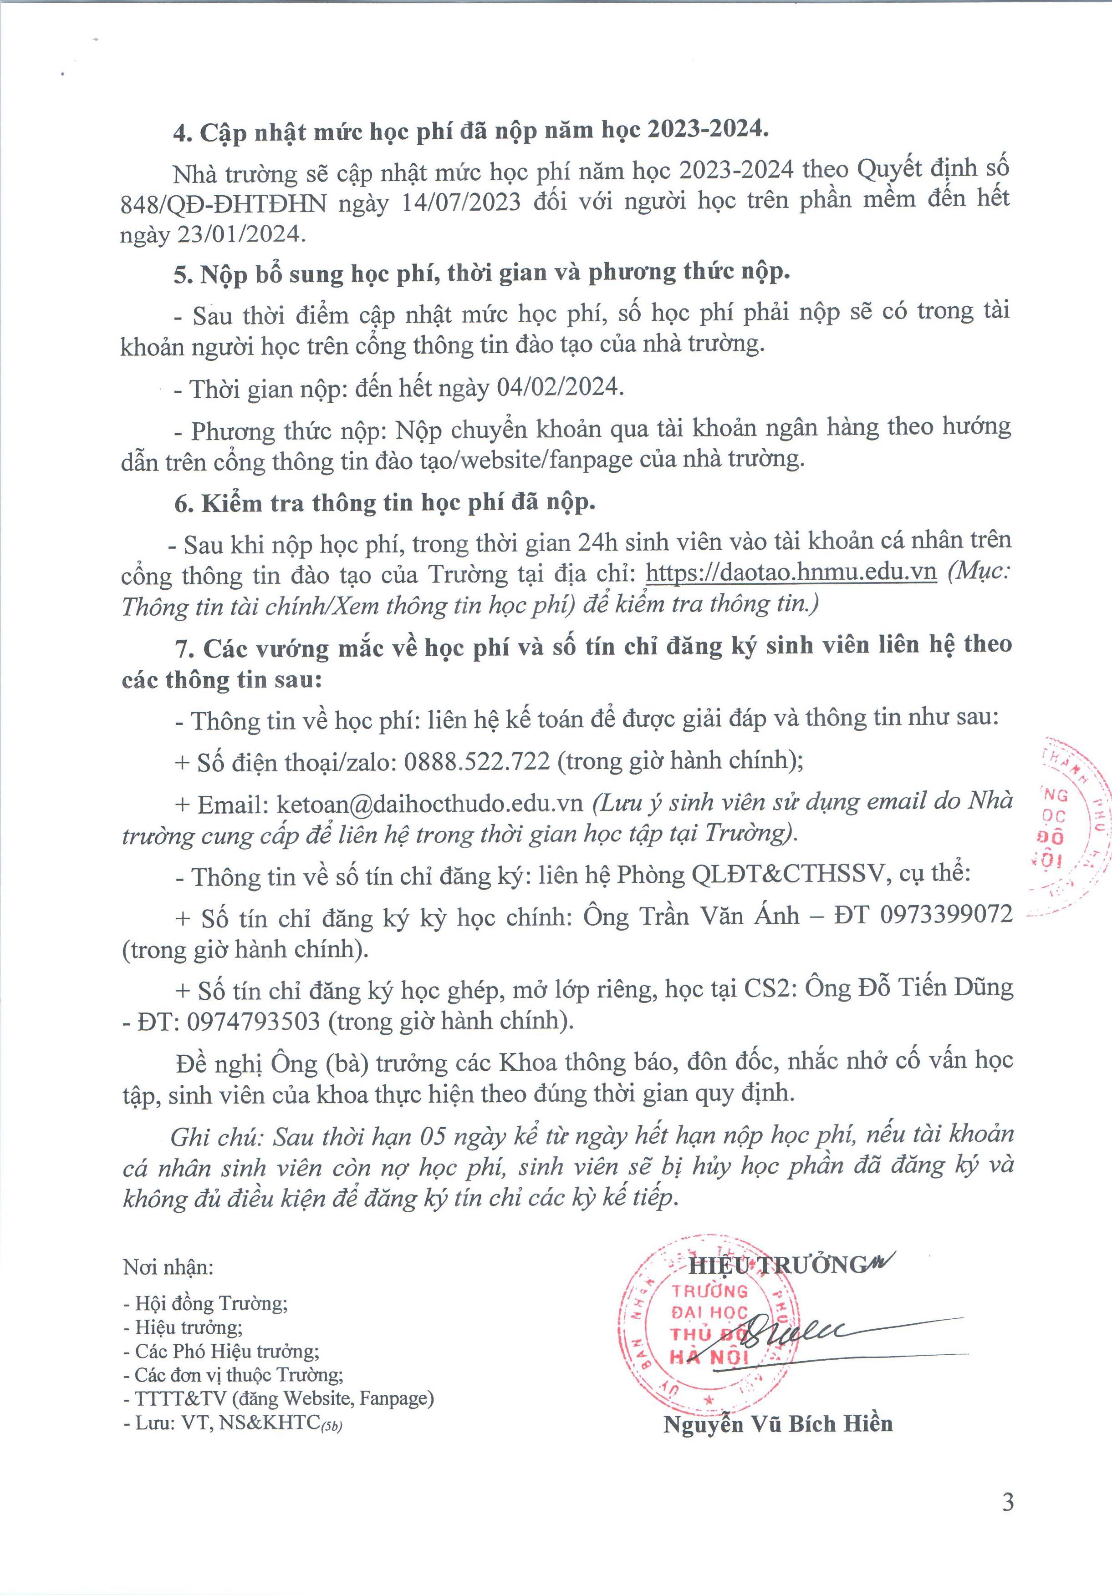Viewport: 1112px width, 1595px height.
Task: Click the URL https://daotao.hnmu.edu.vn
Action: point(791,572)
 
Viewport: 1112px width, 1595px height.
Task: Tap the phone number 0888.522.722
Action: point(477,761)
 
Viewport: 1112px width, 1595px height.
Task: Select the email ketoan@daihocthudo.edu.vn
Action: point(429,804)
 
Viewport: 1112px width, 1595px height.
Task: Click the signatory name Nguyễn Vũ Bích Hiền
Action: point(778,1423)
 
